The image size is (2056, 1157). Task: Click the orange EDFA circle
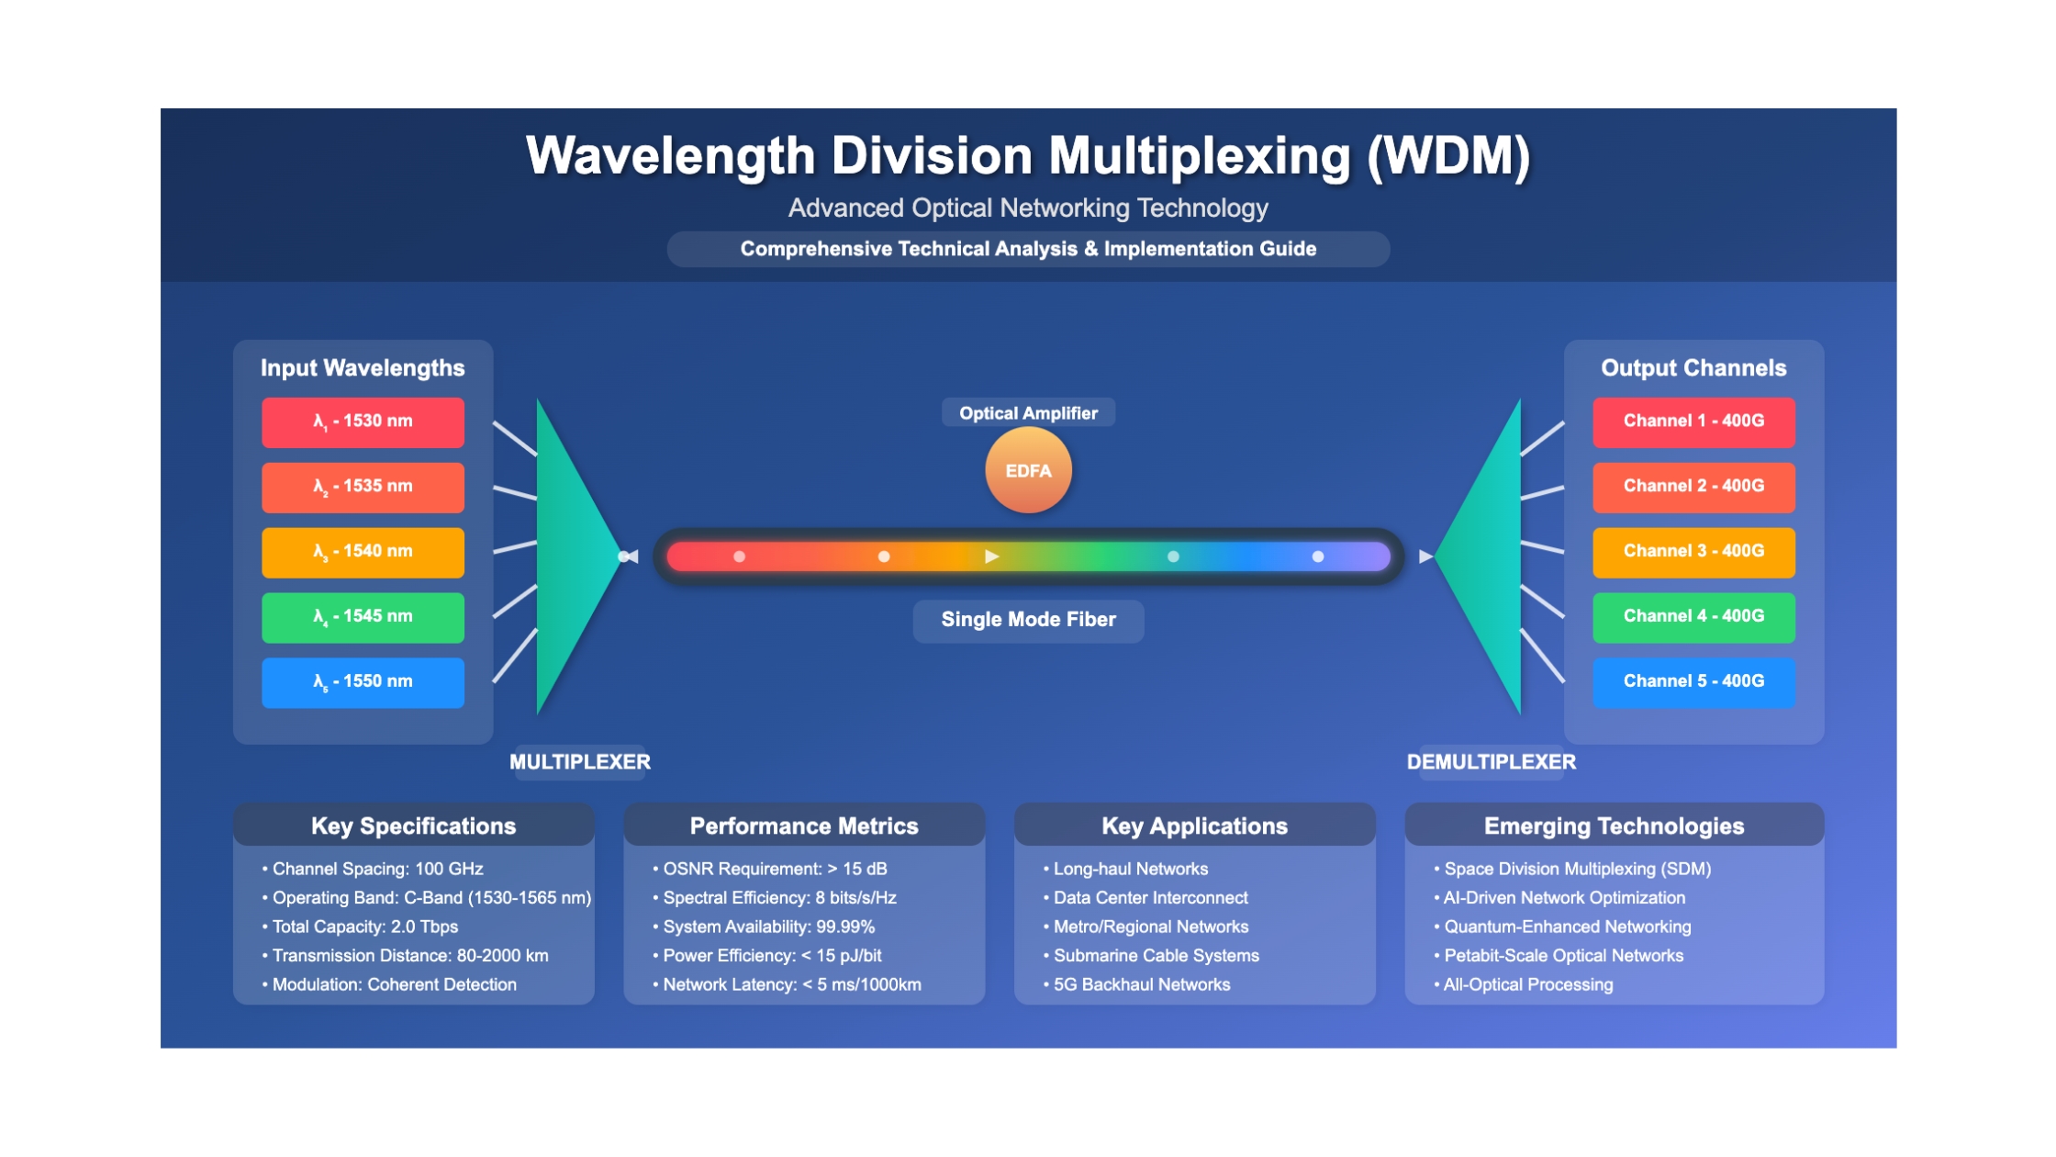coord(1028,470)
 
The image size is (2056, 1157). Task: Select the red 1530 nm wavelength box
coord(363,421)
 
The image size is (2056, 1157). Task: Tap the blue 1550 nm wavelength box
coord(363,682)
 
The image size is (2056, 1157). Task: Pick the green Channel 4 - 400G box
coord(1693,617)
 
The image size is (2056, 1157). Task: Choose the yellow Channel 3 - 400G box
coord(1693,552)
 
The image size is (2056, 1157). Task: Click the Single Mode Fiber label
coord(1028,620)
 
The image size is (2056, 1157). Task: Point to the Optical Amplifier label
coord(1028,413)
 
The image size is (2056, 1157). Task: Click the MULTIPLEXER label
coord(580,762)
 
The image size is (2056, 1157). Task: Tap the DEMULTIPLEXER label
coord(1492,762)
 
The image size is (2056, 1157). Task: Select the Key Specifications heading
coord(414,826)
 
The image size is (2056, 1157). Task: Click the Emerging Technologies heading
coord(1614,826)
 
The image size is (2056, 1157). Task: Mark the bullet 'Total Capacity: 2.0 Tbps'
coord(360,927)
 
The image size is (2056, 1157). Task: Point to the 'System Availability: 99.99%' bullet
coord(764,927)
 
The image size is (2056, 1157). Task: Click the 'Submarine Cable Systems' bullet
coord(1151,956)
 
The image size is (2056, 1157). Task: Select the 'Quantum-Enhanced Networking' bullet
coord(1562,927)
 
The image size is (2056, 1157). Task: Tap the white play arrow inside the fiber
coord(991,556)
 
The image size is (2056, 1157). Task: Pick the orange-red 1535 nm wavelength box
coord(363,487)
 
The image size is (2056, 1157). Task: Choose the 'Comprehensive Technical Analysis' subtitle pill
coord(1028,249)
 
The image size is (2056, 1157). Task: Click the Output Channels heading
coord(1693,368)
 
